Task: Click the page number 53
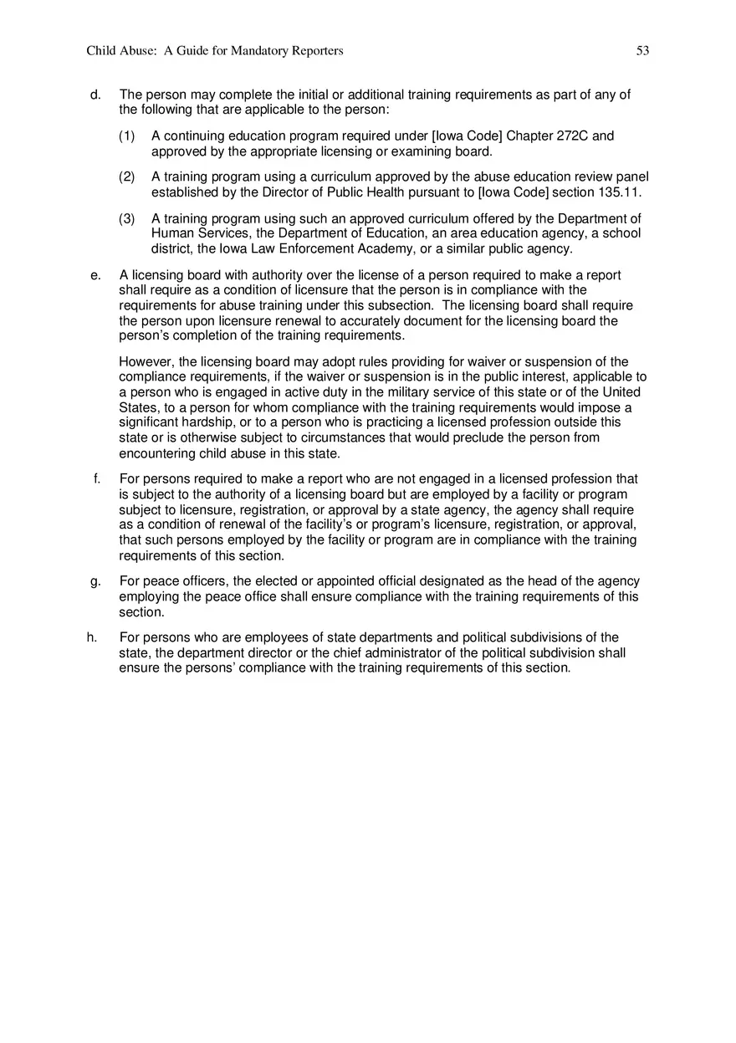pyautogui.click(x=642, y=51)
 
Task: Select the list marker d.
pyautogui.click(x=95, y=95)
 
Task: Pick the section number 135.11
pyautogui.click(x=613, y=192)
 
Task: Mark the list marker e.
pyautogui.click(x=95, y=275)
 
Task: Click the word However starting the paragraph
pyautogui.click(x=146, y=362)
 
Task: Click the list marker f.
pyautogui.click(x=97, y=479)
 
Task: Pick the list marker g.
pyautogui.click(x=95, y=581)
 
